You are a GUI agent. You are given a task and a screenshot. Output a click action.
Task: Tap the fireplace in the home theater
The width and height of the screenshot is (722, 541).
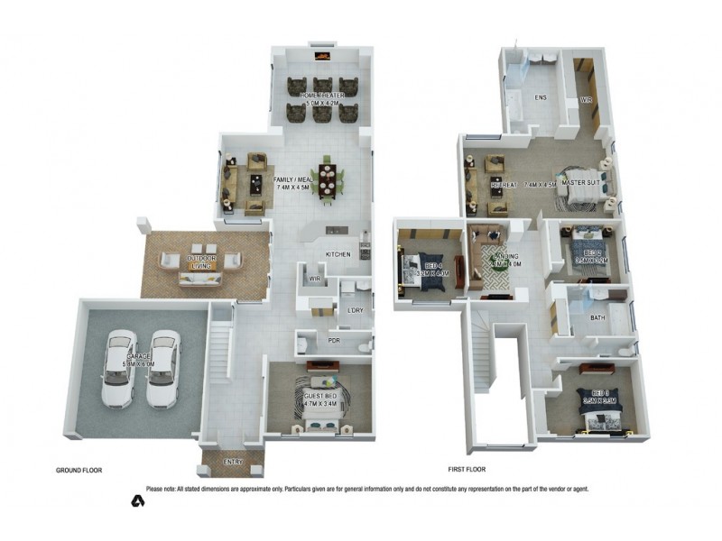322,56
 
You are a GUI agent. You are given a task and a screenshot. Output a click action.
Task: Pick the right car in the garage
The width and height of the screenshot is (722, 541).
163,367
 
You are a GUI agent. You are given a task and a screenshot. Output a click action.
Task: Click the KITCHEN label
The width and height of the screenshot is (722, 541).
338,255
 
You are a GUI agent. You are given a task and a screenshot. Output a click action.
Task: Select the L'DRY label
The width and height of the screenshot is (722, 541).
355,311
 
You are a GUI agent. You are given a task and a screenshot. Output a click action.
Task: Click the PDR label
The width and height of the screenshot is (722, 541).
333,342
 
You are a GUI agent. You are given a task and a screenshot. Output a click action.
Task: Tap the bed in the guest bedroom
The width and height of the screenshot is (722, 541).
322,408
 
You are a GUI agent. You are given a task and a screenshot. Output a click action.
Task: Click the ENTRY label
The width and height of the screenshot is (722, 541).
233,463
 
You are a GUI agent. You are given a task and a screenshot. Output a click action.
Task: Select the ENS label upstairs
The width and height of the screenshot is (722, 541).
541,97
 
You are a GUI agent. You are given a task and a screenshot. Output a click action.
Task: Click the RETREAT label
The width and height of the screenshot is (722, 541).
503,184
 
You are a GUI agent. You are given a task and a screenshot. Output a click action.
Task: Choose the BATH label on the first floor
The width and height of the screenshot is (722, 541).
597,318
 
